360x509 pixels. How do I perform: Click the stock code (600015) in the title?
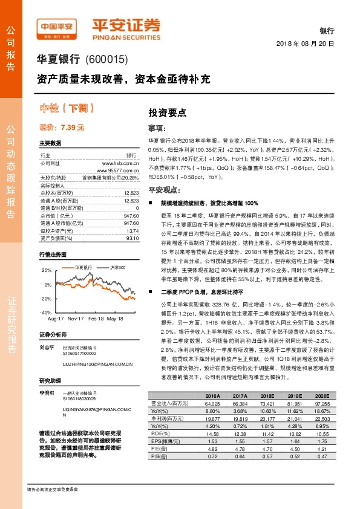108,60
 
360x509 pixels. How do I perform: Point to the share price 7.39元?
62,128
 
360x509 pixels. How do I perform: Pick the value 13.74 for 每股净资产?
132,214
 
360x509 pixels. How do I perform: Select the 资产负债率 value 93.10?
132,221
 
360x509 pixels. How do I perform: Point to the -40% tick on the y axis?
47,313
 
